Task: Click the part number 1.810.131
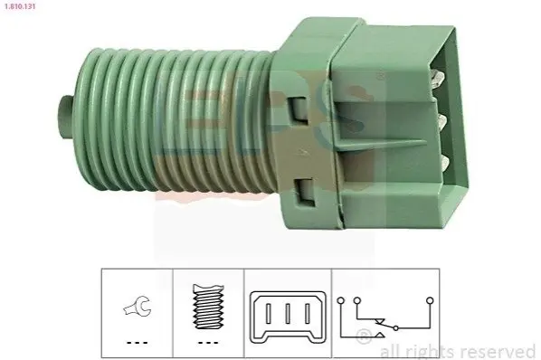20,6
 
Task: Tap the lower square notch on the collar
304,192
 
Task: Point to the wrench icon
138,306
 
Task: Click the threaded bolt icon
208,307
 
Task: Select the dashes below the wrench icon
138,343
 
